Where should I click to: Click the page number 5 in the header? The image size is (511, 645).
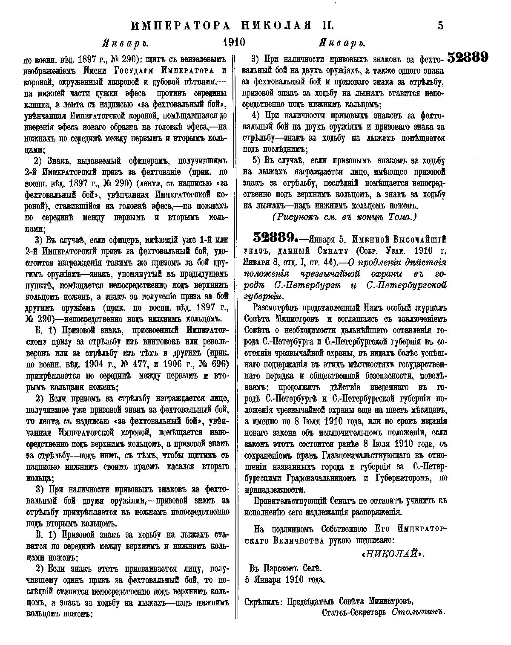coord(440,26)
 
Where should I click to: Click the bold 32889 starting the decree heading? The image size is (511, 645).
coord(270,238)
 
